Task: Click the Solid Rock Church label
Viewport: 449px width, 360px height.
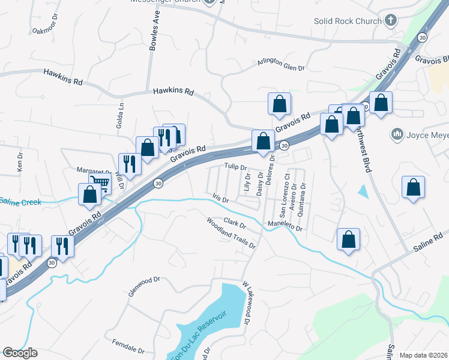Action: tap(348, 21)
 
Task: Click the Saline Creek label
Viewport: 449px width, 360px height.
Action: tap(20, 202)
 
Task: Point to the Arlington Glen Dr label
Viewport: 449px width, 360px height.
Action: tap(281, 65)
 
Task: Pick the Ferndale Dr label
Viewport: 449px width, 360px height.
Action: tap(128, 346)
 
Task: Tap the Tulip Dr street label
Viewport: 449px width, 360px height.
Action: tap(236, 167)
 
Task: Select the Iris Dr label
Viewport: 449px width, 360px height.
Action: tap(221, 197)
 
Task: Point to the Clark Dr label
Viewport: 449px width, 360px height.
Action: tap(235, 223)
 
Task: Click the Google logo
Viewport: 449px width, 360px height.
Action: tap(20, 353)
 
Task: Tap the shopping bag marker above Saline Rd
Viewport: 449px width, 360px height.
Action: tap(348, 239)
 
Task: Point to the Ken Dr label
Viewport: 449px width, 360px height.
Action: tap(20, 160)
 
